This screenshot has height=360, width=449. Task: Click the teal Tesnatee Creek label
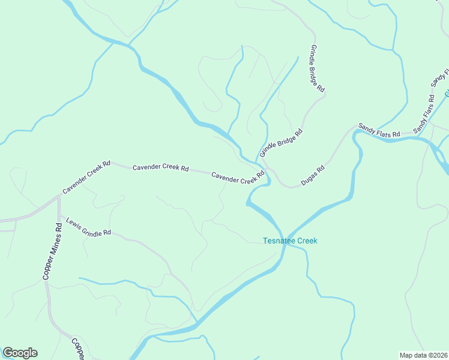290,241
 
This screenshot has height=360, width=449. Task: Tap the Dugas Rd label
313,175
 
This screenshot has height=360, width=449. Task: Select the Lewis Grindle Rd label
89,226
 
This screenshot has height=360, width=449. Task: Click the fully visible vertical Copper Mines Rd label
52,252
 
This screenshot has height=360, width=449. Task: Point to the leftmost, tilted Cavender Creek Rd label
86,177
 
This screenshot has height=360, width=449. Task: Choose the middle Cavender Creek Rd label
161,169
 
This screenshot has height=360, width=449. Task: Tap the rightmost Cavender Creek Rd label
238,178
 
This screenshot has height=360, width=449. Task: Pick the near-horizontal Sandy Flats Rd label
379,130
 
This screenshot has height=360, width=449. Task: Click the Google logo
20,353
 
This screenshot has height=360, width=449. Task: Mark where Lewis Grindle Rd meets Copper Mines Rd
59,215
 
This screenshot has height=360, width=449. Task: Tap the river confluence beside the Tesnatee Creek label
286,238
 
